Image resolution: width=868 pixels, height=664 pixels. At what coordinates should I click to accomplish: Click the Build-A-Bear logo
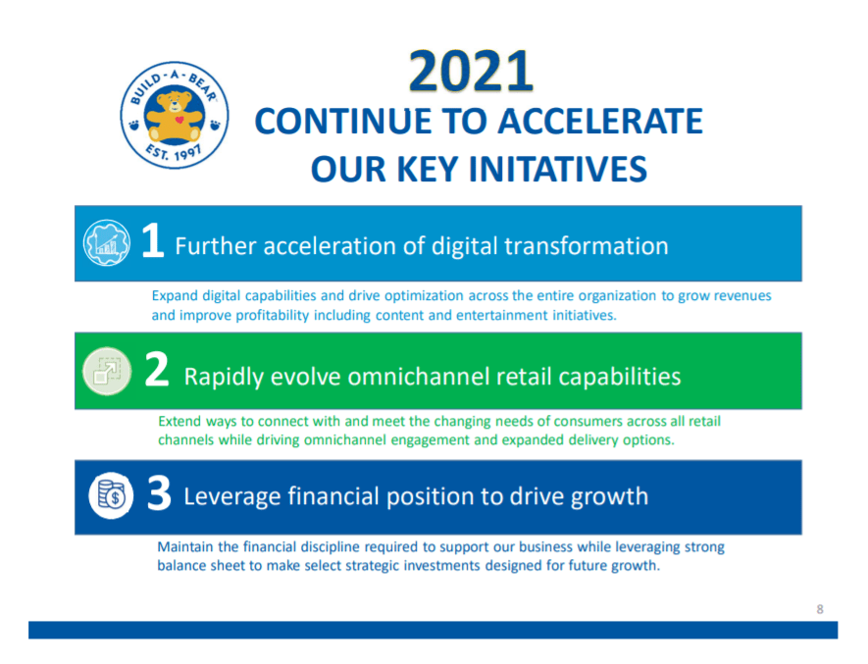175,115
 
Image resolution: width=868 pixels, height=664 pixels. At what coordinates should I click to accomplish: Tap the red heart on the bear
179,120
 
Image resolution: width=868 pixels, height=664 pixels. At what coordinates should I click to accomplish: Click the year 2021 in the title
471,72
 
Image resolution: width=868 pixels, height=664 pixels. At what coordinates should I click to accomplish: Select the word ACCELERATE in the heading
600,122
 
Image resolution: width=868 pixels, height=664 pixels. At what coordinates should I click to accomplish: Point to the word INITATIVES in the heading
557,169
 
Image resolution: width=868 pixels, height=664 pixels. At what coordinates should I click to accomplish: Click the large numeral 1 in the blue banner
153,240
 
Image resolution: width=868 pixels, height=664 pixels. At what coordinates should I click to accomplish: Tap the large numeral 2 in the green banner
157,370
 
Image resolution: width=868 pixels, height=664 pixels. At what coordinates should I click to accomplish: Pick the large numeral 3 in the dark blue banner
159,493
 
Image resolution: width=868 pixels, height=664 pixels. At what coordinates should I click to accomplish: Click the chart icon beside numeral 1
106,242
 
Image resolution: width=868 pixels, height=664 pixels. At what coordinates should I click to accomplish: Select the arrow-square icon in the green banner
107,371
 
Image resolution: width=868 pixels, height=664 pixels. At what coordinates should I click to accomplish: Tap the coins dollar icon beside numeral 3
111,495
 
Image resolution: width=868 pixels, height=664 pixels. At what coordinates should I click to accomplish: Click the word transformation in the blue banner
587,246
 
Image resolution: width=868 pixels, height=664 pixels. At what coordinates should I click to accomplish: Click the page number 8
820,609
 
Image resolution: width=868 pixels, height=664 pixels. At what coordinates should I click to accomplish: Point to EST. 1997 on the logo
174,151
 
